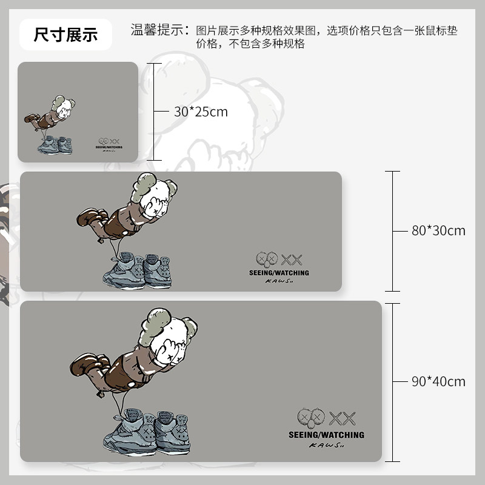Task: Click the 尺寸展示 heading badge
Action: coord(65,35)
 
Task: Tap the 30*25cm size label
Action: coord(201,112)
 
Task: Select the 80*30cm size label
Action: coord(438,230)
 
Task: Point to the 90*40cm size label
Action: coord(438,381)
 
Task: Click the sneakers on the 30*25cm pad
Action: coord(56,144)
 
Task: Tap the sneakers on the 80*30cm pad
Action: coord(137,270)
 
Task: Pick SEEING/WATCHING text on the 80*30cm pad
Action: coord(279,273)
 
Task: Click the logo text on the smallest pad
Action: coord(110,146)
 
